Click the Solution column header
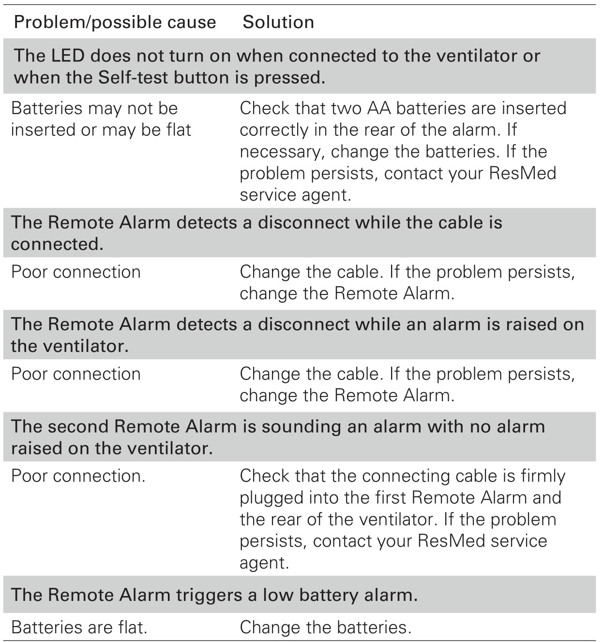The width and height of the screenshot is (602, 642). [x=278, y=22]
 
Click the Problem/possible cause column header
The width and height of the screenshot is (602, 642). [x=115, y=22]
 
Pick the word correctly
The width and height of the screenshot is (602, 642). [x=274, y=130]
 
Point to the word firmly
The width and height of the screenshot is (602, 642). [x=543, y=476]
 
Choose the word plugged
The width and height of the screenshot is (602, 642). [x=271, y=498]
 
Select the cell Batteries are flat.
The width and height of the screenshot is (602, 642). [x=79, y=627]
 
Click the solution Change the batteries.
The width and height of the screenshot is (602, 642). [x=325, y=627]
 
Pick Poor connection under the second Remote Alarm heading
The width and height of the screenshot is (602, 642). [x=78, y=476]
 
